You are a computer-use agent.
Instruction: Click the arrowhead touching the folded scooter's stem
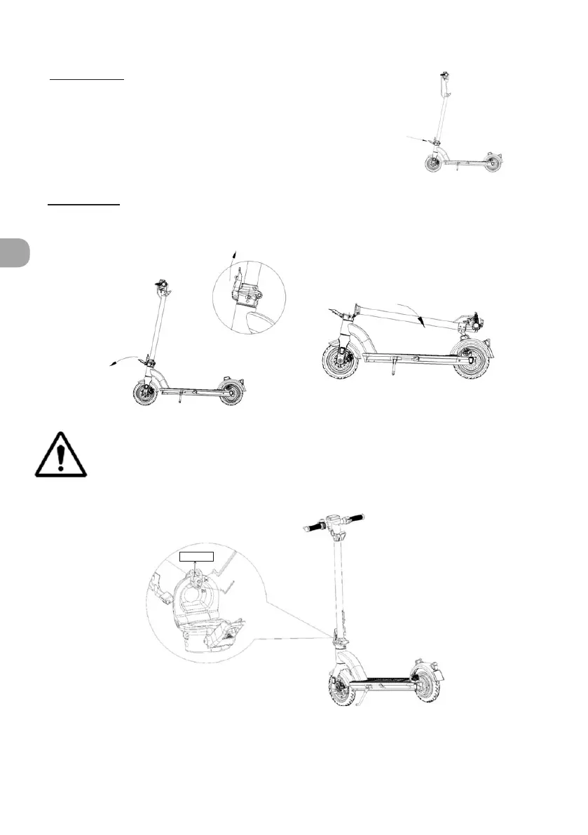(419, 321)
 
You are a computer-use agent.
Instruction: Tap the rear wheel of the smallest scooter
(495, 163)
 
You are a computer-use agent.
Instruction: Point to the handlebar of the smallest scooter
(443, 74)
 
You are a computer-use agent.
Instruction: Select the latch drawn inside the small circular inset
(247, 289)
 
